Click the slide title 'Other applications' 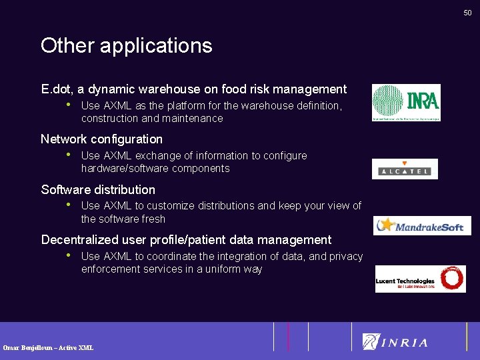(126, 45)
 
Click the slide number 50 (467, 13)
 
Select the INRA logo (406, 103)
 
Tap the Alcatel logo (405, 169)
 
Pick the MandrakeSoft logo (422, 225)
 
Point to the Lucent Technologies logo (420, 279)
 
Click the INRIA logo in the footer (395, 342)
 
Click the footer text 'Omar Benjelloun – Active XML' (48, 347)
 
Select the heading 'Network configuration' (101, 139)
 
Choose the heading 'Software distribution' (98, 189)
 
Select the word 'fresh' (152, 219)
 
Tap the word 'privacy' (346, 256)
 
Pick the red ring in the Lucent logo (452, 279)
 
